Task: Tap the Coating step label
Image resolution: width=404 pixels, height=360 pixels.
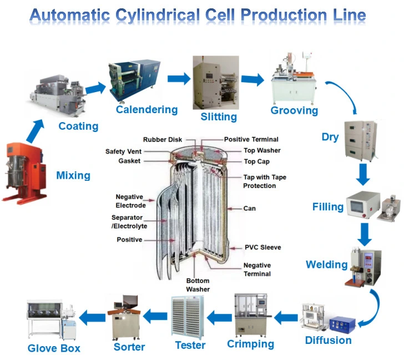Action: pyautogui.click(x=78, y=126)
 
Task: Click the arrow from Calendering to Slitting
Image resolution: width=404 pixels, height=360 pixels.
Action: pyautogui.click(x=178, y=78)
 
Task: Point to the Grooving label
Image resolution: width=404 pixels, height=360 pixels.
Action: pyautogui.click(x=294, y=110)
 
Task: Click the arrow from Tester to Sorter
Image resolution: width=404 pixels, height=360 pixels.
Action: pyautogui.click(x=155, y=317)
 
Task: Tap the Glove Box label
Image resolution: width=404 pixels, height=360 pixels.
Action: pyautogui.click(x=54, y=348)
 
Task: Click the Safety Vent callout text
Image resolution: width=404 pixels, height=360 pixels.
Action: pyautogui.click(x=123, y=151)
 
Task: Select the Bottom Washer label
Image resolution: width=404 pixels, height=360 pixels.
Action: pyautogui.click(x=198, y=285)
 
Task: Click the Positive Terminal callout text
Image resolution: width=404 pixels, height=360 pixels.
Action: pyautogui.click(x=251, y=139)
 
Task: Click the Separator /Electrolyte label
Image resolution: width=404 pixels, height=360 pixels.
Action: pyautogui.click(x=127, y=222)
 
